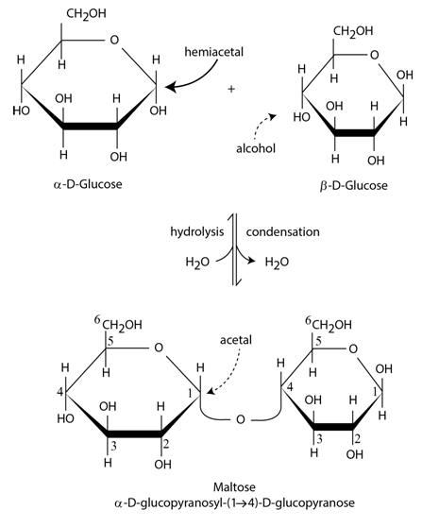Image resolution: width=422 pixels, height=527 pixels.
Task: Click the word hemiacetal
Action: [214, 52]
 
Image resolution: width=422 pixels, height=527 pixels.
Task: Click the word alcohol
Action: [256, 148]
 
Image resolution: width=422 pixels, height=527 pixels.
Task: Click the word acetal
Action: [236, 340]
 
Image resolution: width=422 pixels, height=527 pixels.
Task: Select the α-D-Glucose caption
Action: [88, 184]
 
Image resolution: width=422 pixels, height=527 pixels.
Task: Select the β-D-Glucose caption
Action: [353, 185]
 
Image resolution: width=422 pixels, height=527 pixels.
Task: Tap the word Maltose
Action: [234, 487]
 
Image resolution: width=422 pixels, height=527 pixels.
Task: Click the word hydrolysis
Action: [197, 232]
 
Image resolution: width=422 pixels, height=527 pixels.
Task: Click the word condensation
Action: [283, 232]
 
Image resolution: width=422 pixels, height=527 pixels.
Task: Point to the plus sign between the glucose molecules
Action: [231, 89]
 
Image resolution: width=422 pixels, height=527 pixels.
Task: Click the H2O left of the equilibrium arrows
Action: [197, 263]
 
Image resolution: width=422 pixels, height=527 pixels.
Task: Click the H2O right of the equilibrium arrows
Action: [277, 263]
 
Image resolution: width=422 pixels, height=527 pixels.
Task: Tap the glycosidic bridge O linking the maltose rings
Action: [240, 419]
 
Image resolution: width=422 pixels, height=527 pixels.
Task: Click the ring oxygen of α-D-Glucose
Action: [114, 40]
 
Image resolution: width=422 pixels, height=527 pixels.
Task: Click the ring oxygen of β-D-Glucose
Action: [374, 55]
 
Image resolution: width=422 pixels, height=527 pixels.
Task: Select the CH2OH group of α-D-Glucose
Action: [86, 14]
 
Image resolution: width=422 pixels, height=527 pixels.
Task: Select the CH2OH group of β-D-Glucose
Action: [353, 31]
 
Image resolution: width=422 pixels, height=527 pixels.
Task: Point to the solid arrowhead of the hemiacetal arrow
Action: [170, 87]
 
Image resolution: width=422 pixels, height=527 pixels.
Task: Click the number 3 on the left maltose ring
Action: [114, 447]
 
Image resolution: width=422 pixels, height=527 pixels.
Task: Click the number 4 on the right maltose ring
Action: [290, 387]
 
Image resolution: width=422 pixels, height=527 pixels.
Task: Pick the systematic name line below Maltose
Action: [234, 503]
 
